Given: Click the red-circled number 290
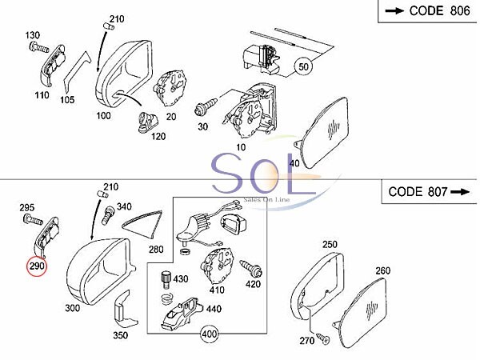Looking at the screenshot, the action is point(37,266).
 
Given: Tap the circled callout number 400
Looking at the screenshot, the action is point(210,334).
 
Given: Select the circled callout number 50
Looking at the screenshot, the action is point(303,66).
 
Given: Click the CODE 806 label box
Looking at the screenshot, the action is point(429,11).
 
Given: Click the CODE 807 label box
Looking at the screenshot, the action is point(430,192).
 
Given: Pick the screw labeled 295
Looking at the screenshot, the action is point(33,220).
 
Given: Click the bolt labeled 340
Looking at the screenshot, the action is point(110,215).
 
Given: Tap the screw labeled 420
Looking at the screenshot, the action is point(250,267).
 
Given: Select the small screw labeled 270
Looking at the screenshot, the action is point(322,338).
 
